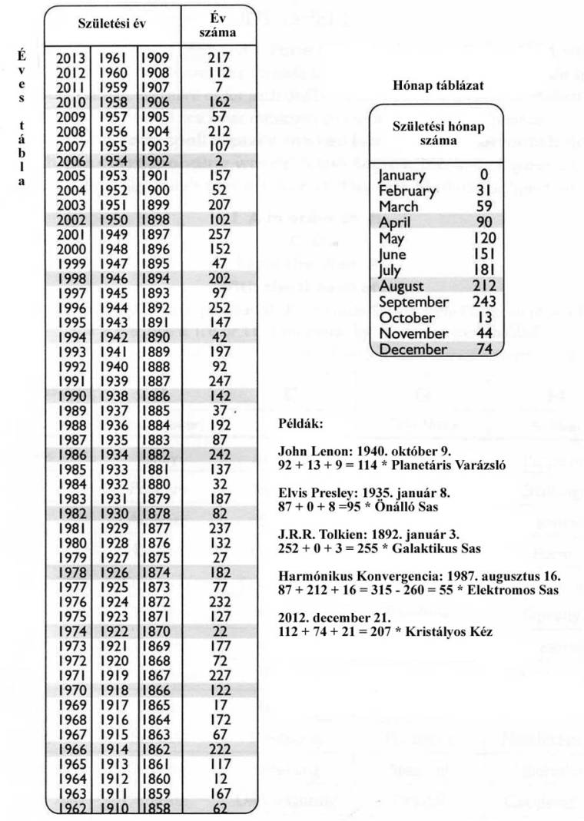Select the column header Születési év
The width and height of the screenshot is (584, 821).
[112, 24]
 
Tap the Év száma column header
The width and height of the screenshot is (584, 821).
[217, 25]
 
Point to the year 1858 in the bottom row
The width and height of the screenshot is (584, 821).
[156, 809]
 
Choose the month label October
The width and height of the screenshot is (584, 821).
[406, 318]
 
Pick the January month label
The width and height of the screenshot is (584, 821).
[402, 176]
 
